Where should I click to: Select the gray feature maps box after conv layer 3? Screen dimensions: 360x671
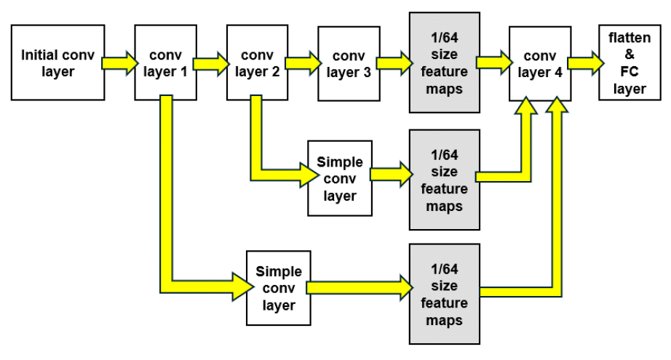[444, 63]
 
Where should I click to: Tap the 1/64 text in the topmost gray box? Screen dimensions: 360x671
[444, 38]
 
